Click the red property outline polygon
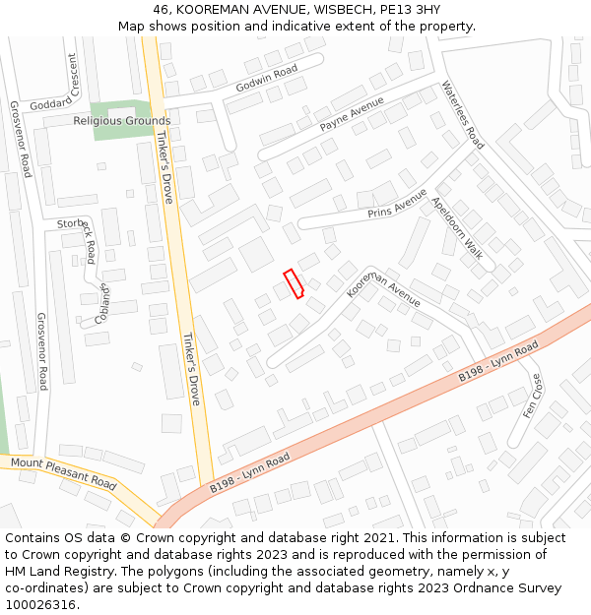click(294, 283)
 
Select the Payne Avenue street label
click(352, 115)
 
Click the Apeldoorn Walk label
click(457, 229)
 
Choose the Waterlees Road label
click(463, 114)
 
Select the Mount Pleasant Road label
click(64, 474)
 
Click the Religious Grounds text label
click(122, 121)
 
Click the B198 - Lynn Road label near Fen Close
click(498, 363)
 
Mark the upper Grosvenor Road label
click(21, 139)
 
